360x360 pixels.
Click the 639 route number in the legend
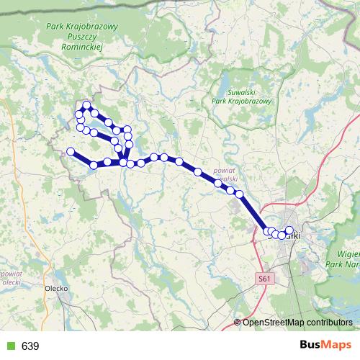coord(30,346)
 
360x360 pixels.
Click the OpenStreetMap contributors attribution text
coord(297,322)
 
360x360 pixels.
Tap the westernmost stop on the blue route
coord(71,151)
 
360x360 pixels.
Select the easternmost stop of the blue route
coord(289,230)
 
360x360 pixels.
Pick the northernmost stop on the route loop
coord(87,105)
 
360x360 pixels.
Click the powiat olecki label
coord(10,278)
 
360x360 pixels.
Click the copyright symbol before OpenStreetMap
coord(238,322)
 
